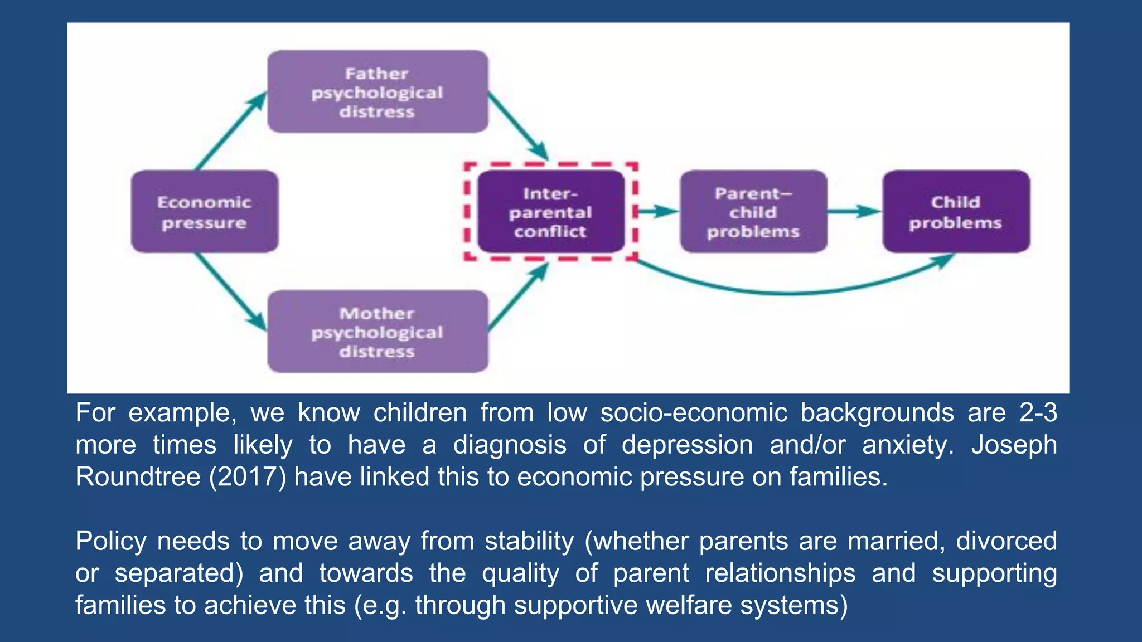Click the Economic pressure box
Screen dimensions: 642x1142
204,212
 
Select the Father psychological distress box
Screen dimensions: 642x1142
378,92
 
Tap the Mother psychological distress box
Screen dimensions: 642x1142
378,332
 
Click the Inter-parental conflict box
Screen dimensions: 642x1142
550,212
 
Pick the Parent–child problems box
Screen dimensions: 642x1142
753,212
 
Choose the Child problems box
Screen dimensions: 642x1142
956,212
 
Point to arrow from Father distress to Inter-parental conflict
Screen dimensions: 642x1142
518,126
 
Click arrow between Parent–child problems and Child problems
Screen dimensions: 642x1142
854,211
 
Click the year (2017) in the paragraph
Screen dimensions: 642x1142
248,477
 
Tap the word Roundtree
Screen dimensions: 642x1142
137,477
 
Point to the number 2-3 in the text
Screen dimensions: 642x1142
1038,413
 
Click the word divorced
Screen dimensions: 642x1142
1006,541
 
